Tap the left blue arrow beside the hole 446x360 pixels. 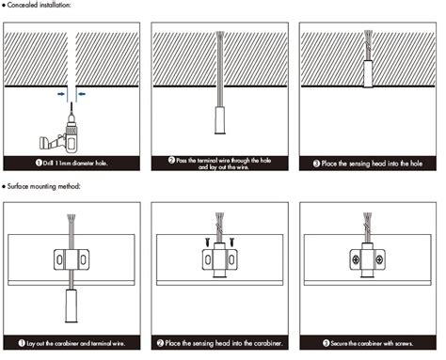click(x=61, y=94)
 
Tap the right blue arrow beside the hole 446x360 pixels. click(x=82, y=94)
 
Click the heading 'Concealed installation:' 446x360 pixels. click(x=39, y=5)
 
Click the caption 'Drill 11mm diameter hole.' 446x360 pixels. click(x=72, y=163)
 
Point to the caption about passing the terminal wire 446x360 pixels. click(x=220, y=164)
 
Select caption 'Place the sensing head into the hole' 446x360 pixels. click(x=368, y=164)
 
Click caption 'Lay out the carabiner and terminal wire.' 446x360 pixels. click(x=72, y=343)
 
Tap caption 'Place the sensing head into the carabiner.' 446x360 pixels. click(x=219, y=343)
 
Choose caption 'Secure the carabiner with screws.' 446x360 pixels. click(x=368, y=343)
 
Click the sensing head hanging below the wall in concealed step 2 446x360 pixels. click(x=220, y=120)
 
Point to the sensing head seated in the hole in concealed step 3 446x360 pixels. click(x=368, y=74)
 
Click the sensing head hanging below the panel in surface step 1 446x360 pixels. click(x=72, y=306)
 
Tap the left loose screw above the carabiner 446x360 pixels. click(x=208, y=242)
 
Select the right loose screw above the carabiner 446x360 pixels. click(x=231, y=242)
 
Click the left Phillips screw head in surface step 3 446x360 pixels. click(x=356, y=259)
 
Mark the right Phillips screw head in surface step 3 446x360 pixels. click(x=379, y=259)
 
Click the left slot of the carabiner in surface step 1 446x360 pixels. click(x=59, y=259)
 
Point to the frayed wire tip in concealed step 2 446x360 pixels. click(x=220, y=34)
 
